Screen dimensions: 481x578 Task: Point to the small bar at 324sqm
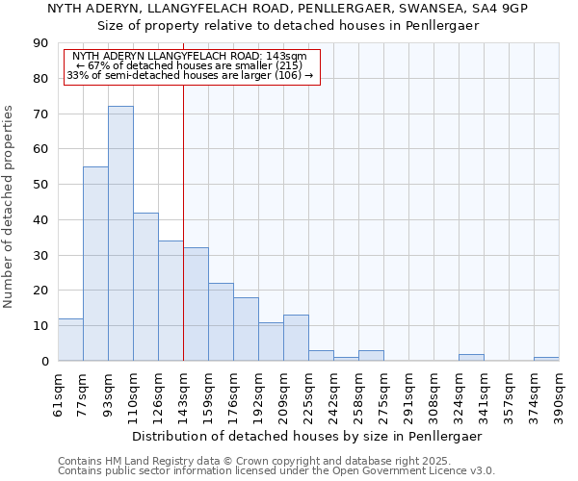(471, 358)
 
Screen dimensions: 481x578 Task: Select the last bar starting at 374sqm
(546, 359)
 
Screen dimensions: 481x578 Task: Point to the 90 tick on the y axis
(40, 43)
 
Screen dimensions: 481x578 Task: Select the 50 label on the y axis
(40, 185)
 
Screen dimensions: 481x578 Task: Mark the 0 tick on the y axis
(44, 362)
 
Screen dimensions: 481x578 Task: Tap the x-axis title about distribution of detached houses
(307, 436)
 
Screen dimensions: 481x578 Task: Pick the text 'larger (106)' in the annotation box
(278, 75)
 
